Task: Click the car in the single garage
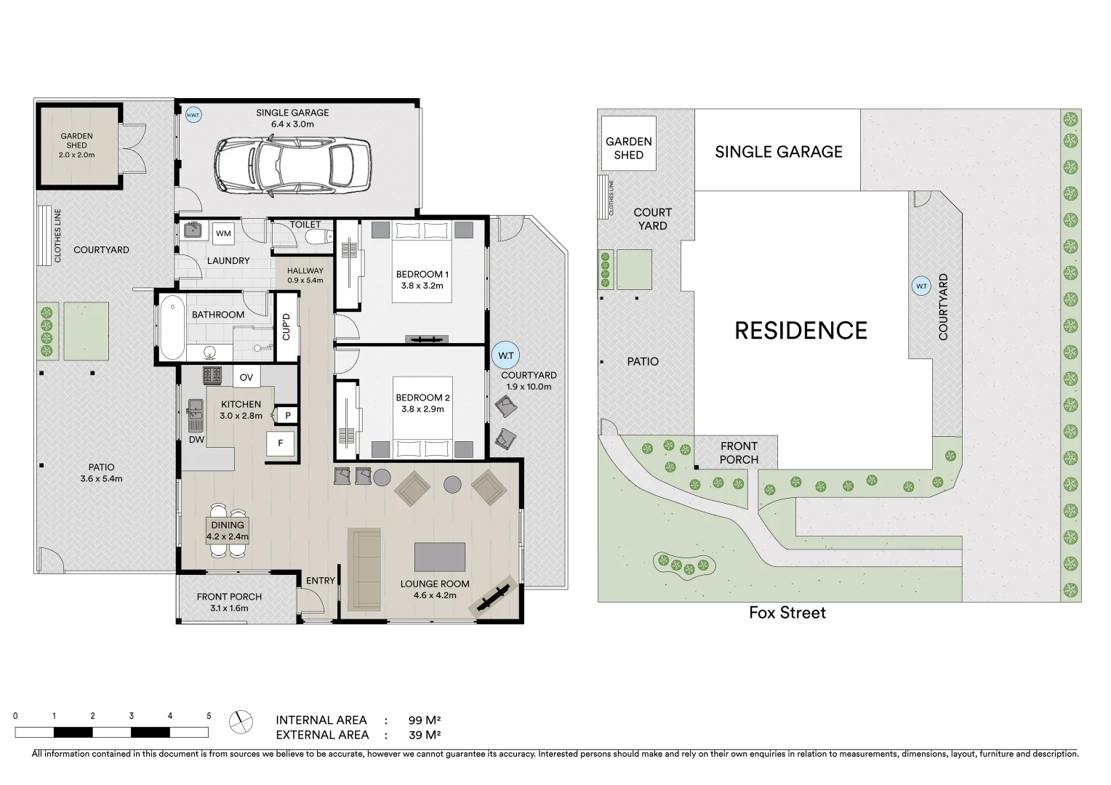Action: pos(292,166)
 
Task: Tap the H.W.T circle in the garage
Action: pos(193,115)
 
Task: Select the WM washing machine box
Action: pos(223,233)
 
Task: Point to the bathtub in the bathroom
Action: pos(172,327)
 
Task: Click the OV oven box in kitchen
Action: pos(246,377)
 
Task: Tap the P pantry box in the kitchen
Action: pos(288,416)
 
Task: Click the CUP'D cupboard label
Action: pos(286,326)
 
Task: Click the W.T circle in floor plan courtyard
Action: pos(505,355)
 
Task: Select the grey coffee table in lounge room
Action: pos(440,557)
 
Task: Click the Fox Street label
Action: pos(787,613)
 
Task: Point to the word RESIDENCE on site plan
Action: pos(801,331)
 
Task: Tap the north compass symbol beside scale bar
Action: pos(240,722)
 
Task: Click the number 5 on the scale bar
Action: pos(209,716)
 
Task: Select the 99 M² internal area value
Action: pos(425,720)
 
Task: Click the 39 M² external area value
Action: pos(425,735)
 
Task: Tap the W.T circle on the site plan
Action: pos(921,286)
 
